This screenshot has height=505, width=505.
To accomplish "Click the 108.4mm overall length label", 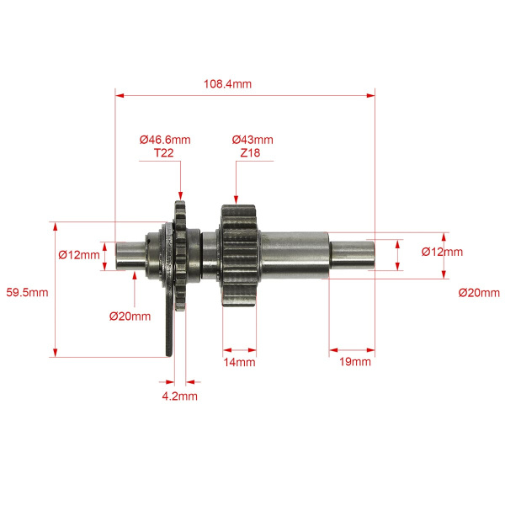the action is [x=227, y=84].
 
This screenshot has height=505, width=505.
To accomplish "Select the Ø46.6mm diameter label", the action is [x=165, y=140].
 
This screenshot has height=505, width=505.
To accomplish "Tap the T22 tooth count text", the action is [x=164, y=152].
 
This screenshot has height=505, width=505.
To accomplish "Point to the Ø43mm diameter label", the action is [x=252, y=140].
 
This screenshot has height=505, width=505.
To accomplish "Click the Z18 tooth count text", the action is [x=250, y=152].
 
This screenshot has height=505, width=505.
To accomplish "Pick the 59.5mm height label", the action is [x=27, y=292].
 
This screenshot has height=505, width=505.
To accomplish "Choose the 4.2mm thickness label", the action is [x=180, y=396].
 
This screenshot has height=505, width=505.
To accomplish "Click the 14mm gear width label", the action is [x=239, y=362].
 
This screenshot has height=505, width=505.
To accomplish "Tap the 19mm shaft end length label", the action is [x=355, y=362].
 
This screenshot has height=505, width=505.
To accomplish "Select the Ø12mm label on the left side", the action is [x=79, y=255].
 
